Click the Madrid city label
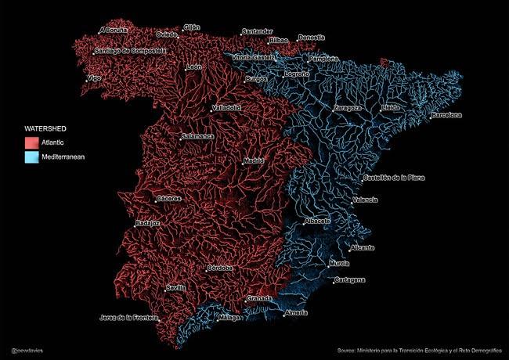click(254, 160)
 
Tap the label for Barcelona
click(446, 115)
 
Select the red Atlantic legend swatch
click(31, 142)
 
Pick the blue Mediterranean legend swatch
click(31, 157)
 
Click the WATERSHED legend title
click(45, 128)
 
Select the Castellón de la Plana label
click(395, 178)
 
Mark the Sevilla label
click(176, 288)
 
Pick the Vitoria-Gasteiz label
click(254, 57)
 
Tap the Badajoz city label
click(148, 223)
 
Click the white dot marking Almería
click(285, 315)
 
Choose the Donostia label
click(312, 38)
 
